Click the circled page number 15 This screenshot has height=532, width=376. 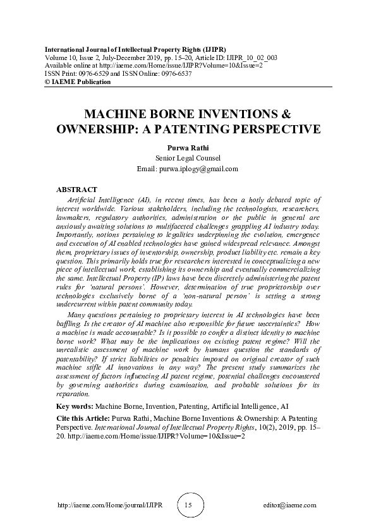click(x=188, y=505)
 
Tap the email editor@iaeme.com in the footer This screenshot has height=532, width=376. click(x=289, y=505)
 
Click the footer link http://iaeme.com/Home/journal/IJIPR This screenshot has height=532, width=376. click(x=105, y=505)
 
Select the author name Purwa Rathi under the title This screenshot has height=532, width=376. click(x=188, y=147)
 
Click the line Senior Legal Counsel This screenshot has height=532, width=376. click(x=188, y=158)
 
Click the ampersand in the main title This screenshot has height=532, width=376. click(x=267, y=116)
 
